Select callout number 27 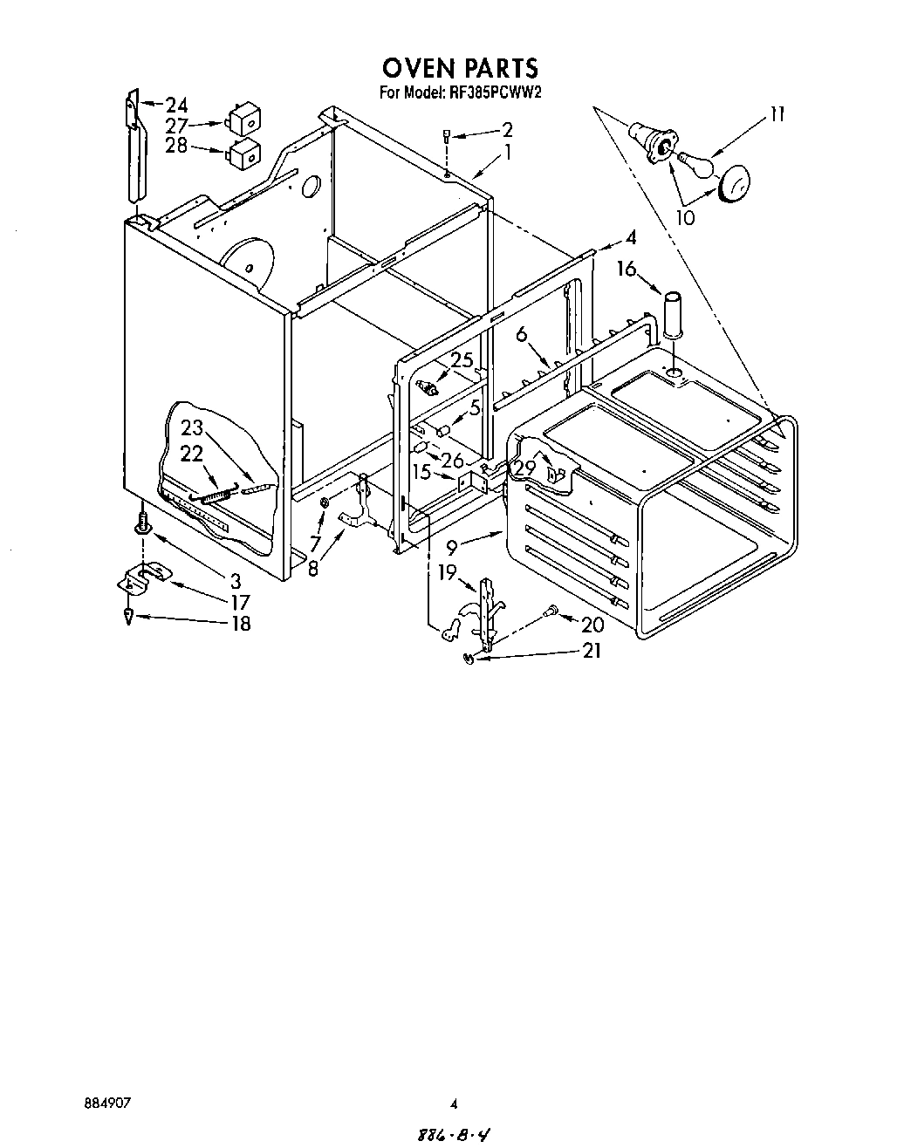point(176,126)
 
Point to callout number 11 point(776,113)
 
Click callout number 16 point(627,269)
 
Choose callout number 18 point(238,624)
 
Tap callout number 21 point(591,650)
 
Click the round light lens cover point(735,181)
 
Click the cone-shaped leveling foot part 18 point(129,618)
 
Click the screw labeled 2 point(447,136)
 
